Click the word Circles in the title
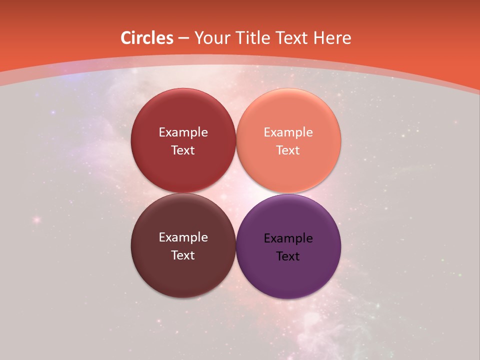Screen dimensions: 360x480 [x=147, y=38]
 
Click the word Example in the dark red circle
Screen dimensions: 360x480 [x=183, y=132]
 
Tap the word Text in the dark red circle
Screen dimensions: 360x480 [x=183, y=150]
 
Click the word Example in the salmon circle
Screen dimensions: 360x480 [x=288, y=132]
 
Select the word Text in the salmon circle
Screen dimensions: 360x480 [x=288, y=150]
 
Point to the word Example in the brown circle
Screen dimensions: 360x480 [x=183, y=237]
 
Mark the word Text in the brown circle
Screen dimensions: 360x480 [x=183, y=255]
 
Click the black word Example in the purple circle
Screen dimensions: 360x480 [x=288, y=238]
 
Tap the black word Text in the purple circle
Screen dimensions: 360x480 [x=288, y=256]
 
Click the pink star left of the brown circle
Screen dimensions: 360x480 [x=36, y=219]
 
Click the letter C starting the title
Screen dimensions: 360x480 [x=126, y=38]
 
